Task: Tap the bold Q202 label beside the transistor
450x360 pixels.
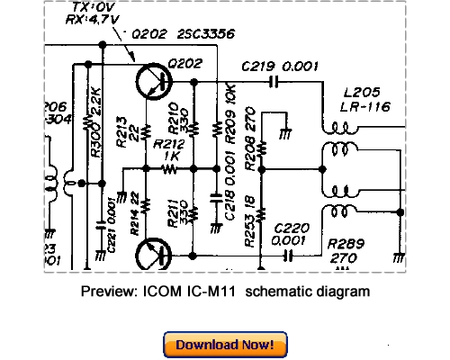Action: tap(183, 64)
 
